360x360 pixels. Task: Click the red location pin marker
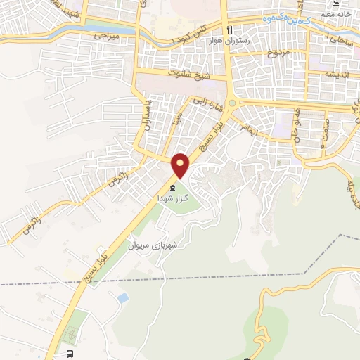(x=181, y=165)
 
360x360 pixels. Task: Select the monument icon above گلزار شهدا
(x=172, y=187)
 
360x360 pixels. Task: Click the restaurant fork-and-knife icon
(x=229, y=30)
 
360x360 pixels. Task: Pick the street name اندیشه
(x=338, y=74)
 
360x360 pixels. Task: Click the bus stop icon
(x=70, y=354)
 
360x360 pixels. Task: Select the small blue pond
(x=123, y=298)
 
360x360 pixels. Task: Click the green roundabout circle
(x=232, y=101)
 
